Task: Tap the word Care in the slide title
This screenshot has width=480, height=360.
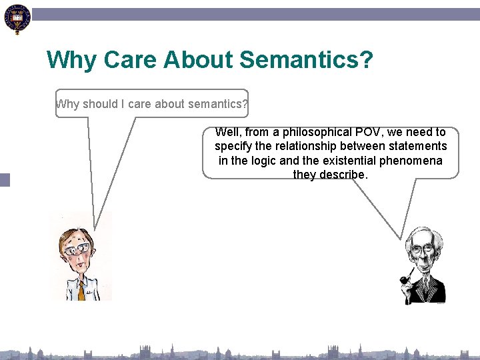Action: (x=126, y=60)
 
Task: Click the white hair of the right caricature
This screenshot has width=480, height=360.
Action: (x=421, y=235)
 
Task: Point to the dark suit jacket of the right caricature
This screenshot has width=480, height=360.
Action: (x=433, y=290)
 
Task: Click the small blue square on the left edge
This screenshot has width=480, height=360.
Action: (x=5, y=179)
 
